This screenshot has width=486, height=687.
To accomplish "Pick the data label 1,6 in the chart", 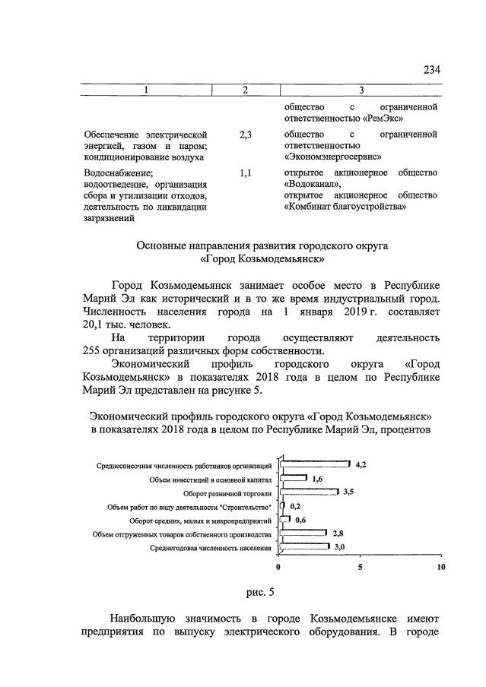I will [317, 478].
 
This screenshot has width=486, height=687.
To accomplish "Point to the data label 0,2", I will [294, 505].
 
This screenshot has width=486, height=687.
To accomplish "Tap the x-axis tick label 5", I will [361, 567].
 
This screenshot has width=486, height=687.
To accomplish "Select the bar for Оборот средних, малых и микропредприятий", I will [285, 520].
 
